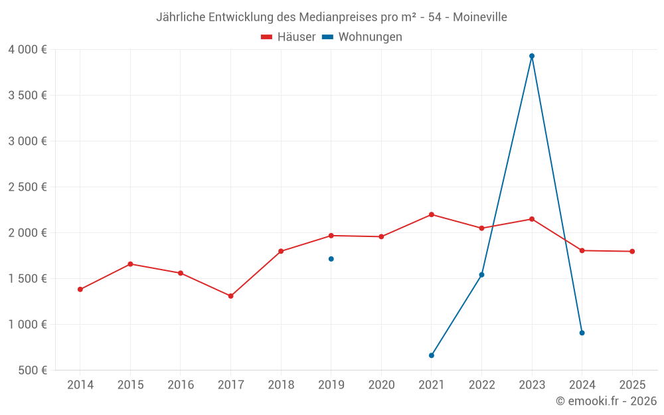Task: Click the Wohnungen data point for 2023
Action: pyautogui.click(x=532, y=56)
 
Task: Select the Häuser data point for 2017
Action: pyautogui.click(x=230, y=296)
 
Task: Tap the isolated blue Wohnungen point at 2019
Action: pyautogui.click(x=331, y=259)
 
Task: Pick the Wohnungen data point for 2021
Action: pyautogui.click(x=432, y=355)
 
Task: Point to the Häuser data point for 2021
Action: pyautogui.click(x=432, y=214)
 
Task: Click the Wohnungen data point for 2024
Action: pyautogui.click(x=582, y=333)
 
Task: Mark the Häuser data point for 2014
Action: pyautogui.click(x=80, y=290)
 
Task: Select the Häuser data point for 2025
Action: pyautogui.click(x=632, y=252)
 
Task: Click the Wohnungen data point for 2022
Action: pyautogui.click(x=481, y=275)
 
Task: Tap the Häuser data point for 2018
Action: pyautogui.click(x=281, y=251)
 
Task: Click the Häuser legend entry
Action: pyautogui.click(x=289, y=37)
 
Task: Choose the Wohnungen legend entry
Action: pyautogui.click(x=363, y=37)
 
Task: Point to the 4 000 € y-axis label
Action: pyautogui.click(x=27, y=50)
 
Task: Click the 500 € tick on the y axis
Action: pyautogui.click(x=32, y=371)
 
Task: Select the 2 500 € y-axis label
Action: pyautogui.click(x=27, y=187)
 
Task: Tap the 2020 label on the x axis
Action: pyautogui.click(x=381, y=385)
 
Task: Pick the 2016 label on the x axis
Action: pyautogui.click(x=181, y=385)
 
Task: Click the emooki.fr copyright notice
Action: pyautogui.click(x=606, y=401)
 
